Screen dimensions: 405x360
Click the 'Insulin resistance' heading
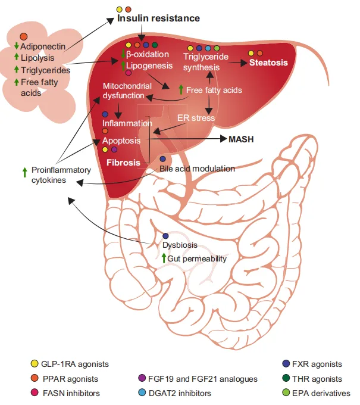158,18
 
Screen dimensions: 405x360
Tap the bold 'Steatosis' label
268,63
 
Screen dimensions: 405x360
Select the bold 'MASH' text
241,139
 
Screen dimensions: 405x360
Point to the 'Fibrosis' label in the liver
124,162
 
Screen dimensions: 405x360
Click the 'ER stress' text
196,118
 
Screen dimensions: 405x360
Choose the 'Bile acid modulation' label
197,169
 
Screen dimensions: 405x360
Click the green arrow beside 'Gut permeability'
164,258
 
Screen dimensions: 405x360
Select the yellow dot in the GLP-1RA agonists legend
34,363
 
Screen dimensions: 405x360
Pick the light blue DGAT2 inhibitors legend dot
142,393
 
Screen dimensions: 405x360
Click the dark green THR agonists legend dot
286,378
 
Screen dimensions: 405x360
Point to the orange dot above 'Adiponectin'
24,37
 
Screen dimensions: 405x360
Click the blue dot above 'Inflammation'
105,114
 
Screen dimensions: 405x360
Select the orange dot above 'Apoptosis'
105,131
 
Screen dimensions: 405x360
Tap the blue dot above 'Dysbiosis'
165,236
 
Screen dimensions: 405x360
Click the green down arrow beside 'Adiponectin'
17,46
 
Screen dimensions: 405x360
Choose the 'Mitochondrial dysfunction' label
123,90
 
